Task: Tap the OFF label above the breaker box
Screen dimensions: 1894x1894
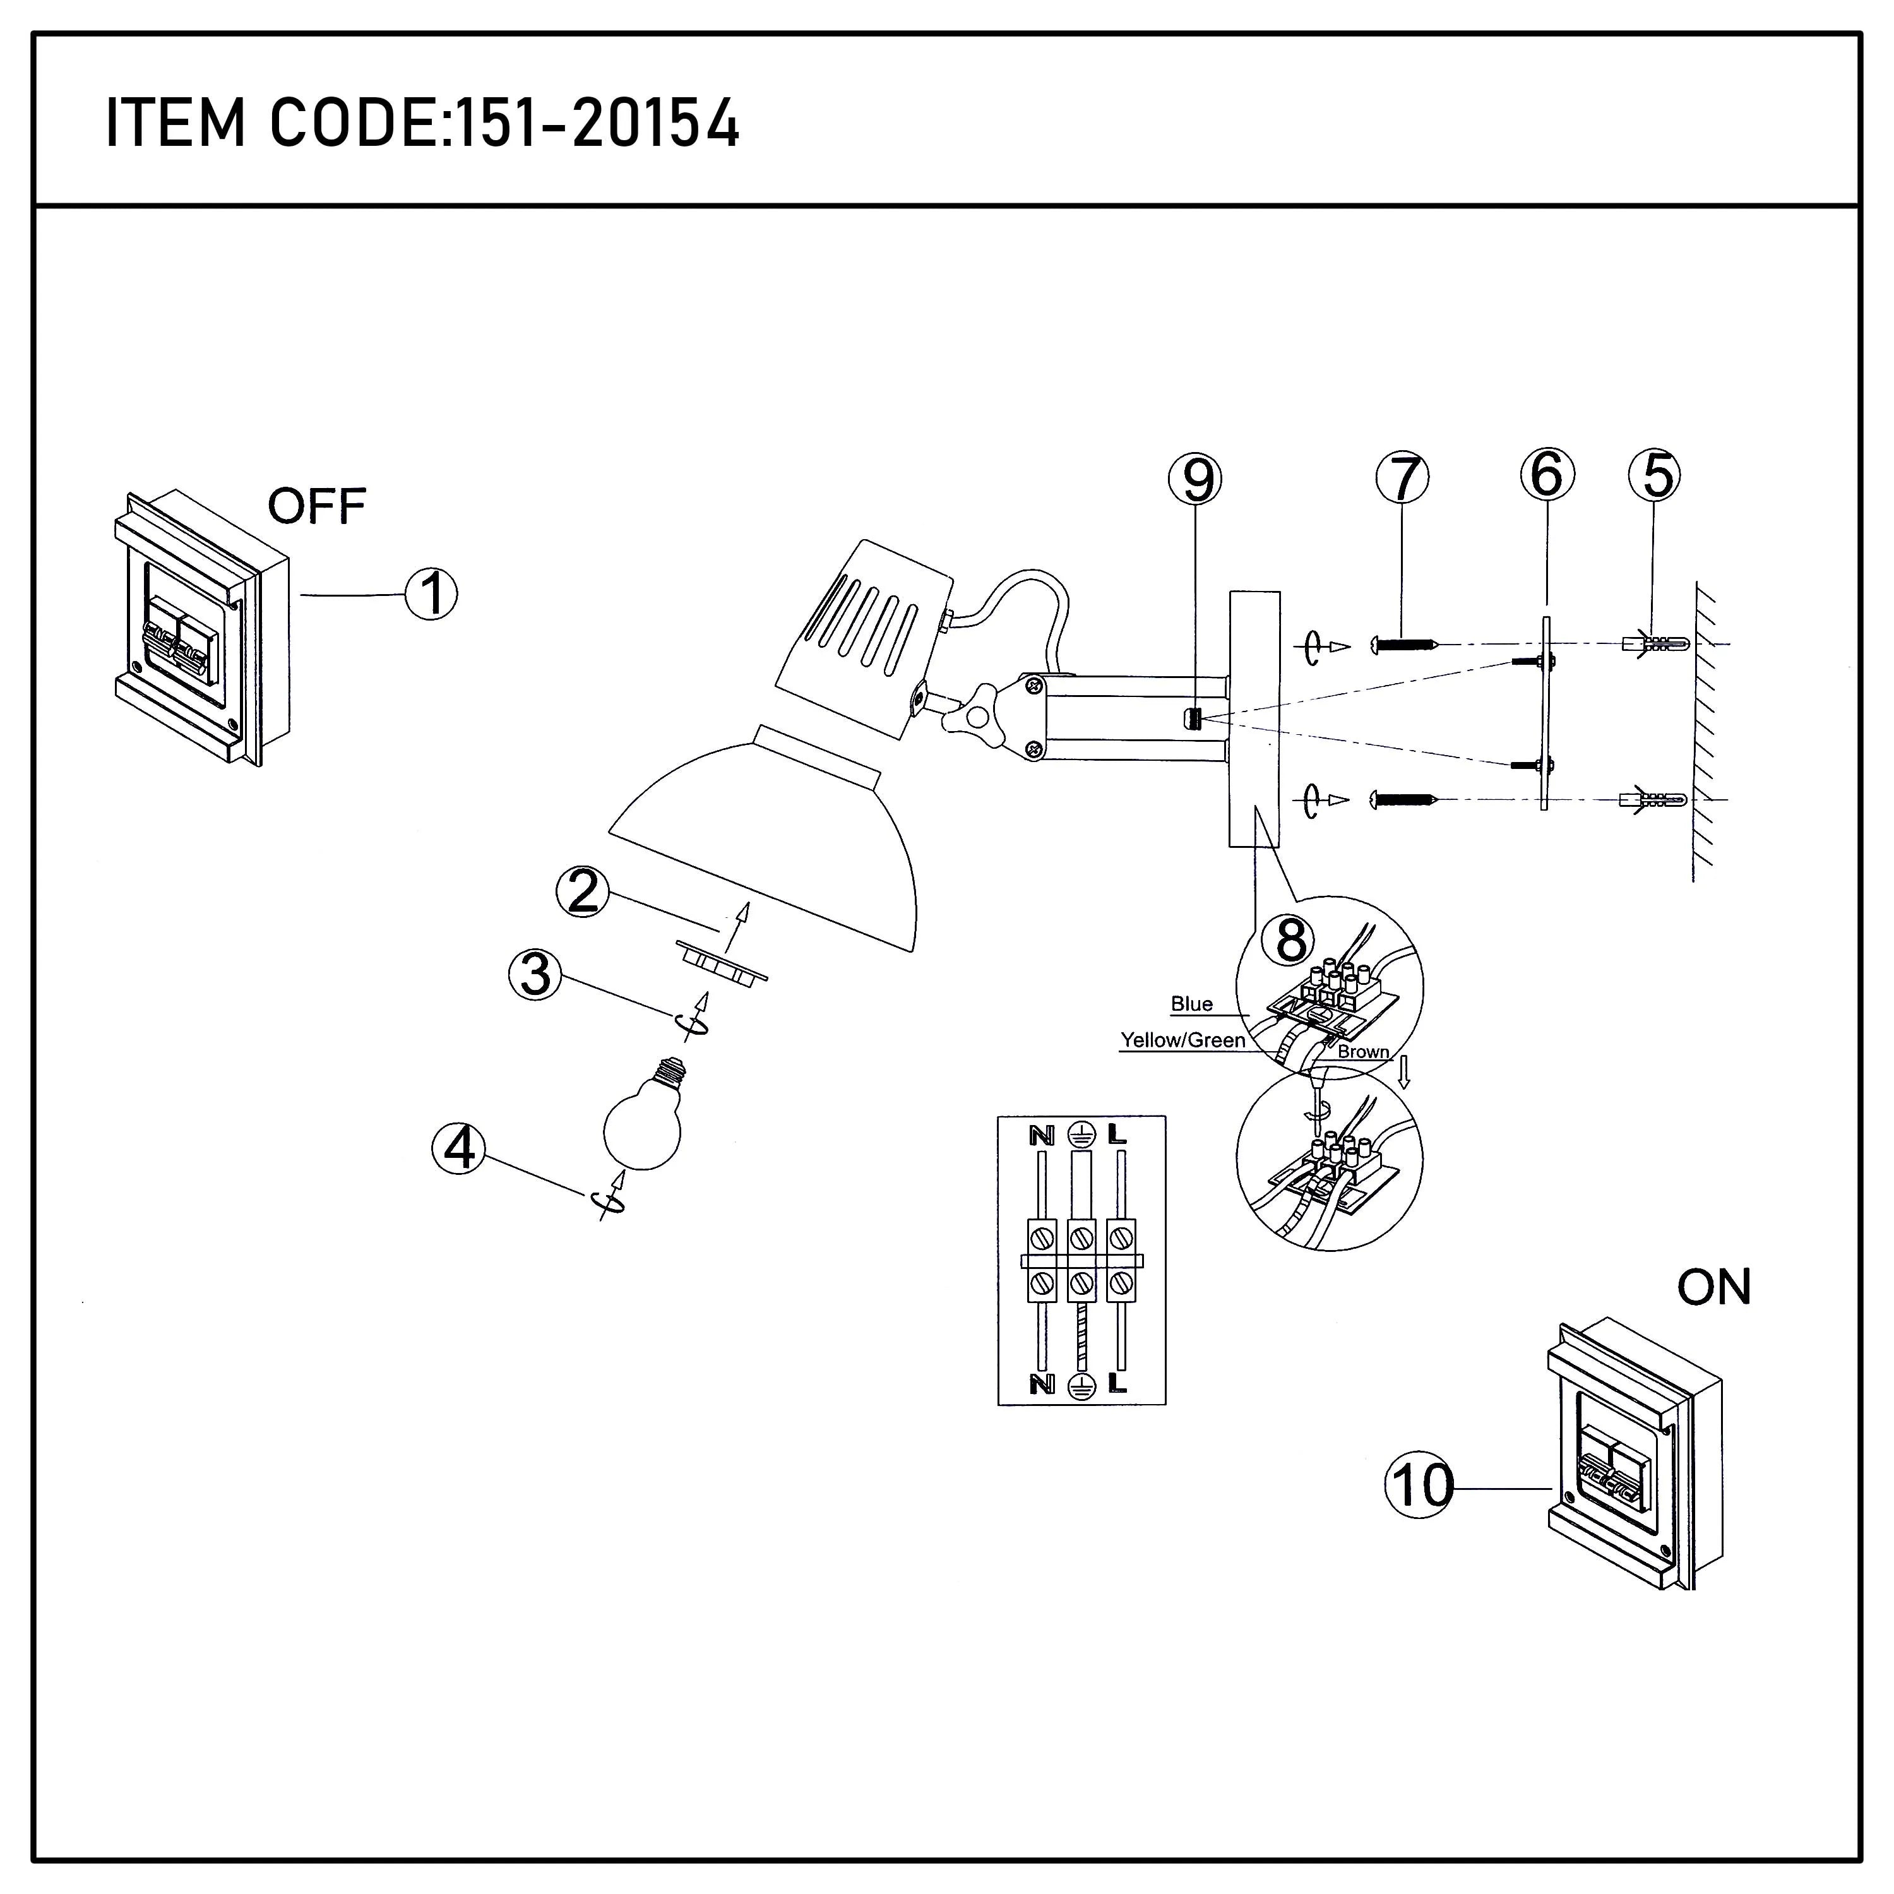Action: coord(317,507)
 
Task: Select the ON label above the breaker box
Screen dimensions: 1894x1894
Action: coord(1713,1287)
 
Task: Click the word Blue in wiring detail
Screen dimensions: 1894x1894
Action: coord(1191,1004)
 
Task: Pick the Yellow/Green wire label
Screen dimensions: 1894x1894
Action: coord(1182,1040)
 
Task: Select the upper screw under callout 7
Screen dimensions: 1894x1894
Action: coord(1405,645)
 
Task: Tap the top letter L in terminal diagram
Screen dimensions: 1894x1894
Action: coord(1117,1135)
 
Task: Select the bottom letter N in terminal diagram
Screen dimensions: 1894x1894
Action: coord(1041,1385)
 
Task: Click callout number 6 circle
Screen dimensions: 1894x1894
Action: coord(1546,475)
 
